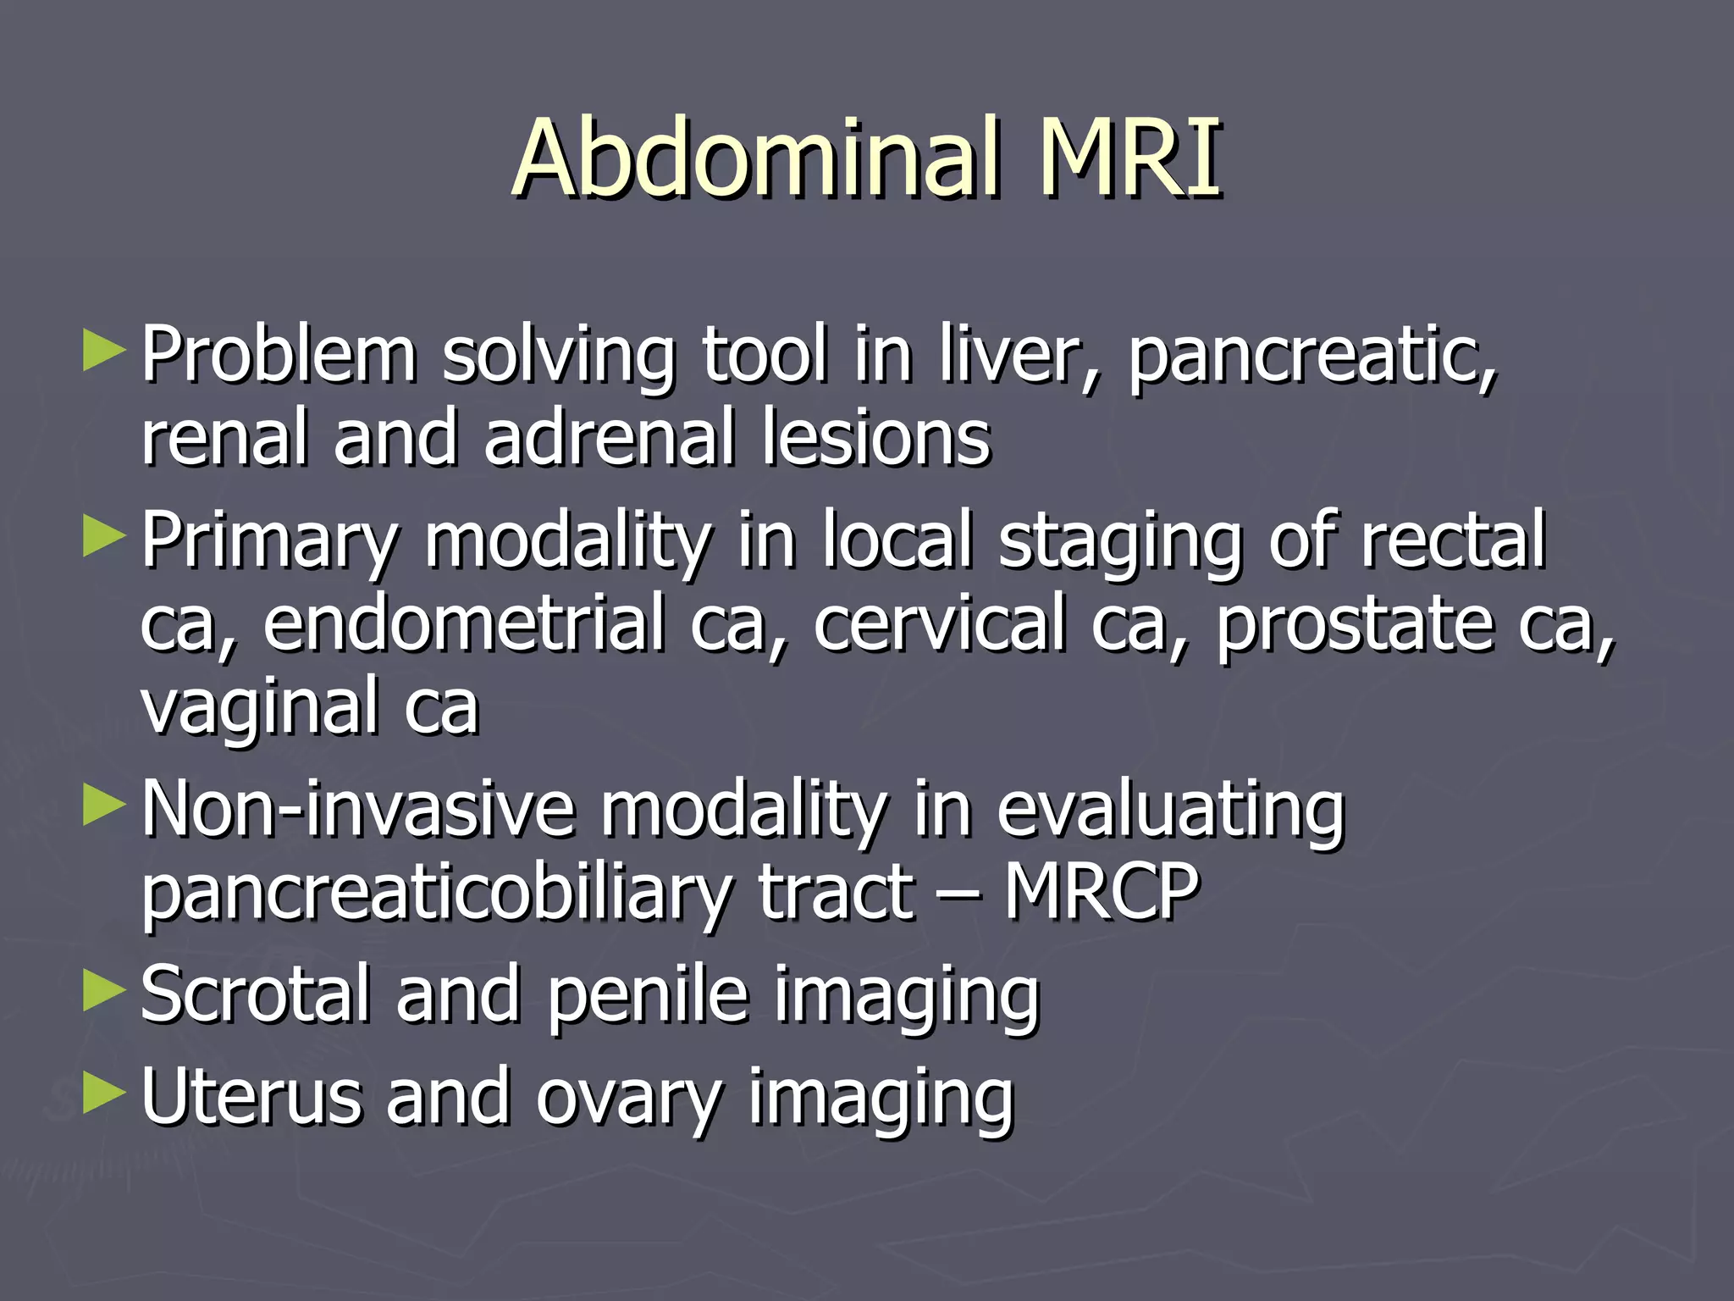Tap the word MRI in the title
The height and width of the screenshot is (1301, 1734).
(1130, 158)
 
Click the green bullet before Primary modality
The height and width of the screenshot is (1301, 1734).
(104, 538)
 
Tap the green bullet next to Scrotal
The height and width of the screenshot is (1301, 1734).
(104, 992)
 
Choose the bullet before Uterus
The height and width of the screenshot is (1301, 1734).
(104, 1093)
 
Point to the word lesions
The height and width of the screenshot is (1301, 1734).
(876, 437)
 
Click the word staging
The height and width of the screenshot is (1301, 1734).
(1119, 542)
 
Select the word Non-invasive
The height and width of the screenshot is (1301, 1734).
(357, 811)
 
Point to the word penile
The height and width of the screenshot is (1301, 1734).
(649, 995)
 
